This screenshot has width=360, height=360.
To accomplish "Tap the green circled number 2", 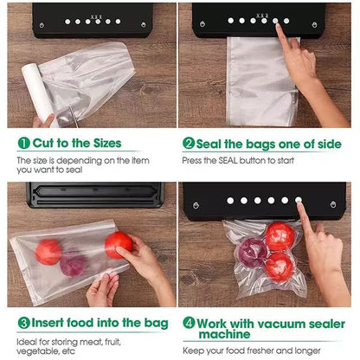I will (188, 144).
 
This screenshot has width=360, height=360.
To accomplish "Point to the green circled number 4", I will (188, 322).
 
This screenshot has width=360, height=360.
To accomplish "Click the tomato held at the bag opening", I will (118, 244).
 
